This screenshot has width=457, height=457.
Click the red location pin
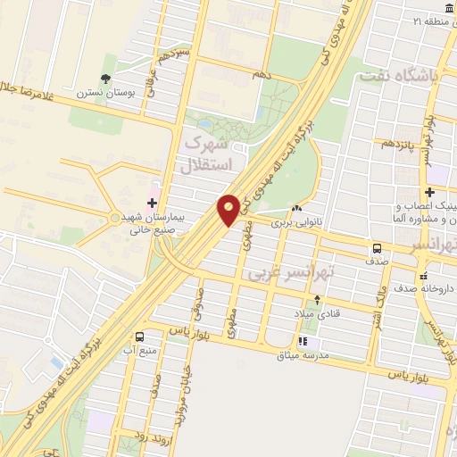point(228,209)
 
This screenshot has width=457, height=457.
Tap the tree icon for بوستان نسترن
point(106,79)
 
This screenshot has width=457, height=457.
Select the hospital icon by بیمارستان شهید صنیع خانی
point(152,204)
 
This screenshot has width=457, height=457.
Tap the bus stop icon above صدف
point(377,248)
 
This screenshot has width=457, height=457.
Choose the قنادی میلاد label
point(312,314)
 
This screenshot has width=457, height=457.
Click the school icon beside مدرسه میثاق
point(303,341)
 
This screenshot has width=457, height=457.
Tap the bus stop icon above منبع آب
point(140,337)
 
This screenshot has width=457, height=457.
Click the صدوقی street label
point(197,299)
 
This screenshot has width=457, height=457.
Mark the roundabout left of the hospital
point(114,217)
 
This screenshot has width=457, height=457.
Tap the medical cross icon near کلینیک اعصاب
point(429,192)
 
